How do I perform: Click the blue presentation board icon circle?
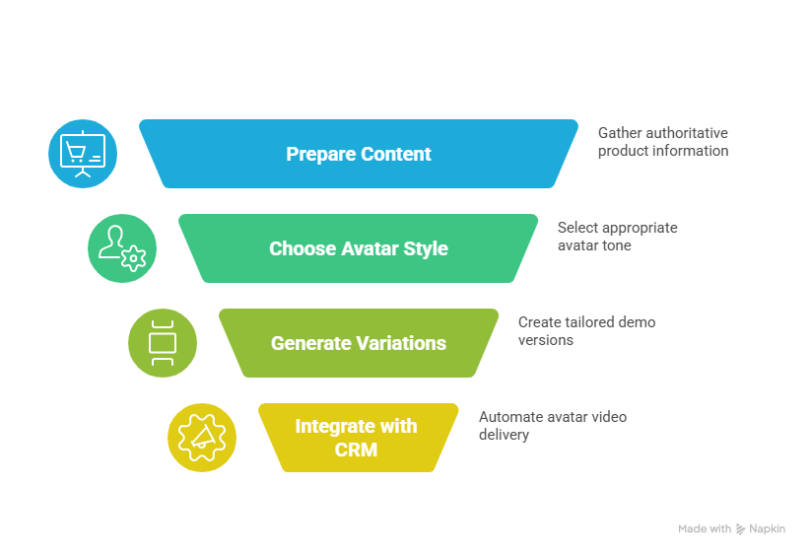83,154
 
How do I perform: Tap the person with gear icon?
122,248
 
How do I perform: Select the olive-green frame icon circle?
163,343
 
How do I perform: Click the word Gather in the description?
619,133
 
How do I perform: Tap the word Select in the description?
577,228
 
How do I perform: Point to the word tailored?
590,322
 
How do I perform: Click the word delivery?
505,435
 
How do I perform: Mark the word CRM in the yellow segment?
356,451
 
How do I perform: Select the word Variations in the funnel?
401,343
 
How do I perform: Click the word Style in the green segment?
425,248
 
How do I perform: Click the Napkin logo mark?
740,529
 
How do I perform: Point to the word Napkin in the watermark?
767,529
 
